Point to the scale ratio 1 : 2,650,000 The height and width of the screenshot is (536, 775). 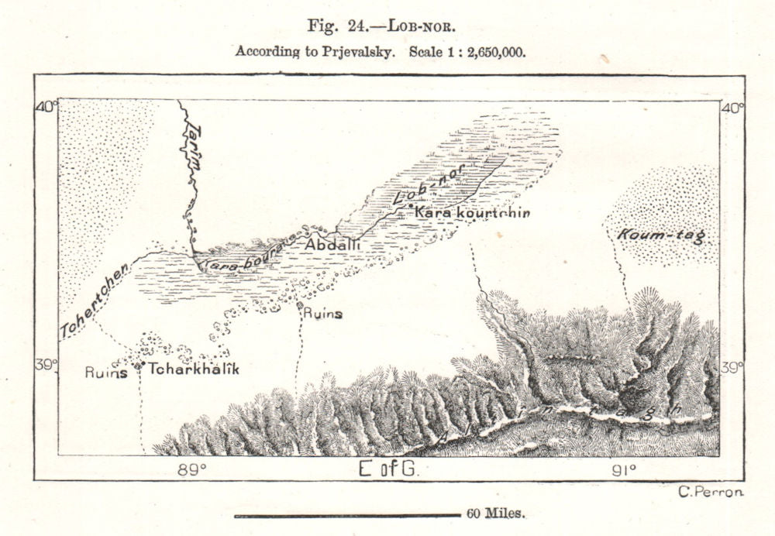(484, 52)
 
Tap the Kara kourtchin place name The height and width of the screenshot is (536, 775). (473, 212)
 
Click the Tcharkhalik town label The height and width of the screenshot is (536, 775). (193, 369)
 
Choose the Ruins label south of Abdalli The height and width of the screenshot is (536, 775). (321, 314)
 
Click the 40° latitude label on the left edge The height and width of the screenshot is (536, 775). (46, 108)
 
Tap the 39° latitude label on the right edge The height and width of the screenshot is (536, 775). (732, 366)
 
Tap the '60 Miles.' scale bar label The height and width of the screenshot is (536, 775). (496, 514)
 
